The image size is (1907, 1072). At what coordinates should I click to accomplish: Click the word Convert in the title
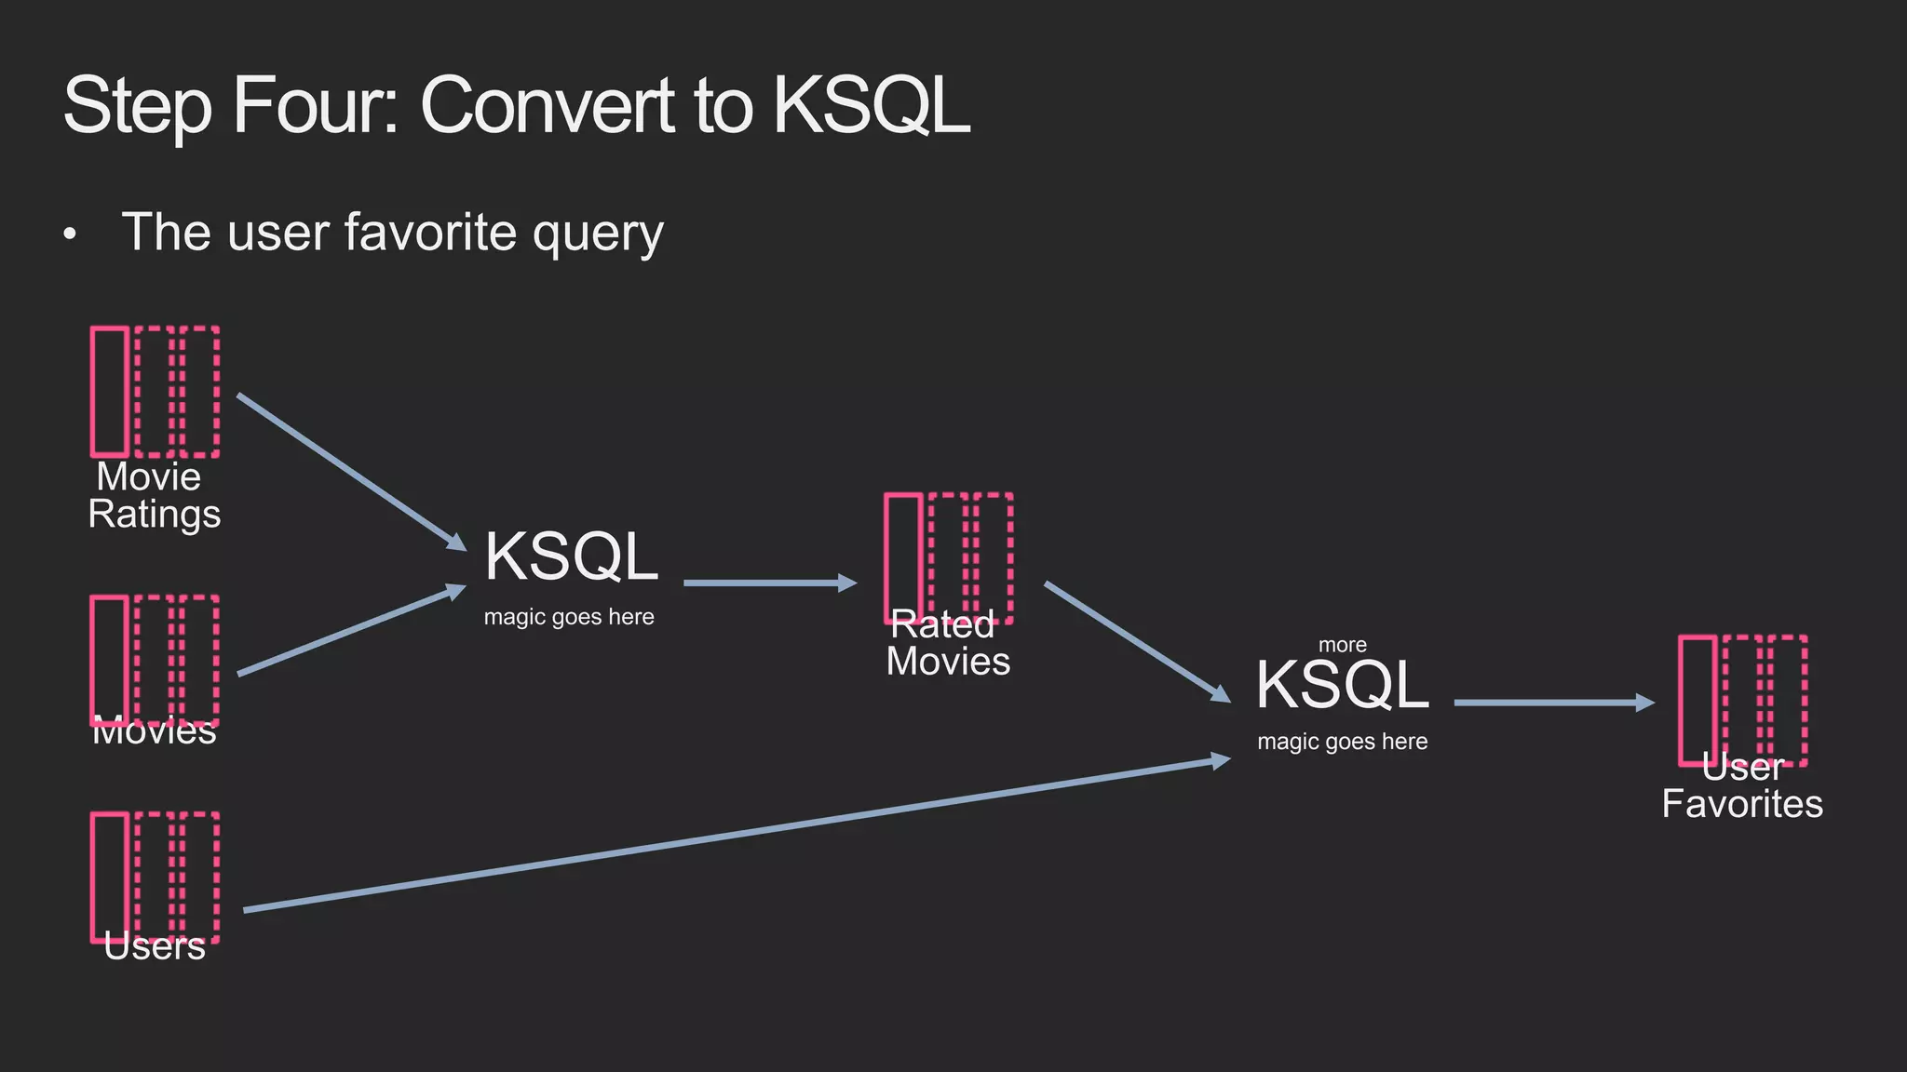pyautogui.click(x=547, y=105)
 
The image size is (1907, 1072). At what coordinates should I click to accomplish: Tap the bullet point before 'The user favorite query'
pyautogui.click(x=70, y=234)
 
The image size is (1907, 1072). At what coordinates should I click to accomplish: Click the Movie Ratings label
pyautogui.click(x=154, y=496)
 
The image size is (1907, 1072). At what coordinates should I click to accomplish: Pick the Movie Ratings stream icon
pyautogui.click(x=155, y=391)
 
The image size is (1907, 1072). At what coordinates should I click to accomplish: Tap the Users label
pyautogui.click(x=155, y=946)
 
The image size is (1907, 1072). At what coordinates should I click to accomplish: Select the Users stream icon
pyautogui.click(x=155, y=875)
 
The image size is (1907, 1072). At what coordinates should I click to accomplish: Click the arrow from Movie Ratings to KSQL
pyautogui.click(x=351, y=472)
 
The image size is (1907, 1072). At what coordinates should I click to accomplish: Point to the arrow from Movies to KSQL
pyautogui.click(x=351, y=631)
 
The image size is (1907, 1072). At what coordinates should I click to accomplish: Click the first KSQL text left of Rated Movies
pyautogui.click(x=571, y=556)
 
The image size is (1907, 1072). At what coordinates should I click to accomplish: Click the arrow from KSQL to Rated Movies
pyautogui.click(x=769, y=583)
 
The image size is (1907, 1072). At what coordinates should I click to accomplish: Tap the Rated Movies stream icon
pyautogui.click(x=948, y=556)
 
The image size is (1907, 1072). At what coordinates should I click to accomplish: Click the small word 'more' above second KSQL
pyautogui.click(x=1342, y=645)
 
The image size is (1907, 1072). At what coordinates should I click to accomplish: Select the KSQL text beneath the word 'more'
pyautogui.click(x=1342, y=685)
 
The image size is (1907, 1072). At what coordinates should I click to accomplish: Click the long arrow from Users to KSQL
pyautogui.click(x=736, y=835)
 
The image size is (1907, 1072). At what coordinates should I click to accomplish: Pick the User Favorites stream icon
pyautogui.click(x=1742, y=700)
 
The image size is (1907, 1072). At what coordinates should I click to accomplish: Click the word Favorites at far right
pyautogui.click(x=1742, y=804)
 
